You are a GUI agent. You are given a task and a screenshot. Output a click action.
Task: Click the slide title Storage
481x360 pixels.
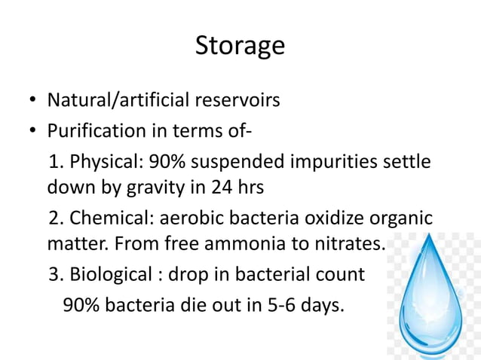240,46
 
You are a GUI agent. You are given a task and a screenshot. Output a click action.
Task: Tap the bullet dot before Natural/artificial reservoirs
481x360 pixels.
33,100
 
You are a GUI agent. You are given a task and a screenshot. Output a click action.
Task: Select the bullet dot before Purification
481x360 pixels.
33,132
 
